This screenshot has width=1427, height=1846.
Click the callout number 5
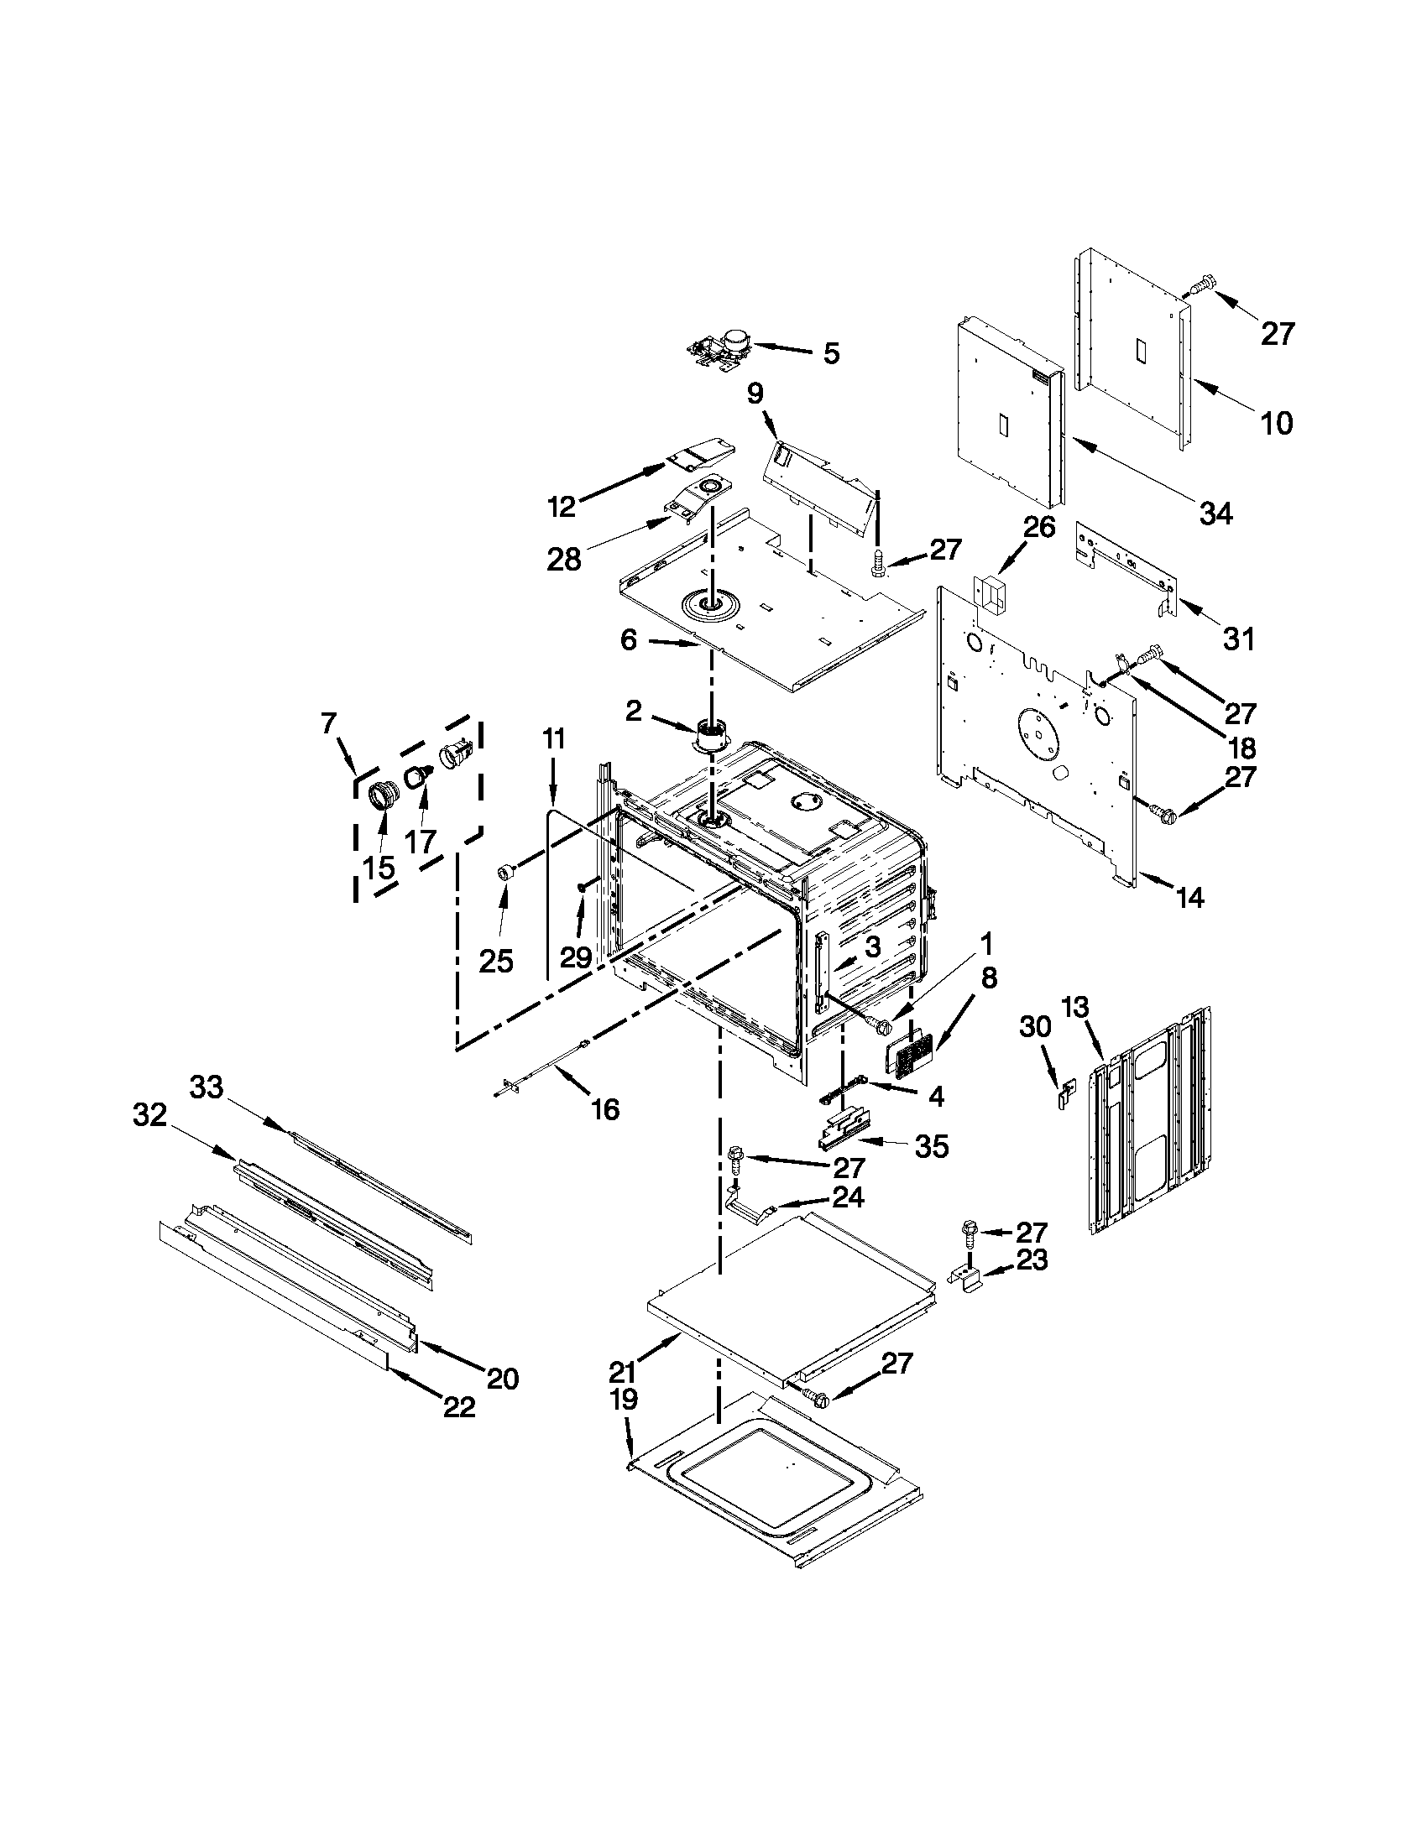(831, 353)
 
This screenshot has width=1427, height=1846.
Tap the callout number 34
(1215, 512)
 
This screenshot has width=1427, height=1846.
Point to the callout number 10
(1277, 422)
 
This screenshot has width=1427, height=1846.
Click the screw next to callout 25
(507, 873)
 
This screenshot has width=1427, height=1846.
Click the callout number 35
(931, 1147)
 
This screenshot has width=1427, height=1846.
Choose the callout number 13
(1075, 1008)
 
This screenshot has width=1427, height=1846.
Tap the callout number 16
(605, 1108)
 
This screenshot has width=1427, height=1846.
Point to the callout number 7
(329, 723)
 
